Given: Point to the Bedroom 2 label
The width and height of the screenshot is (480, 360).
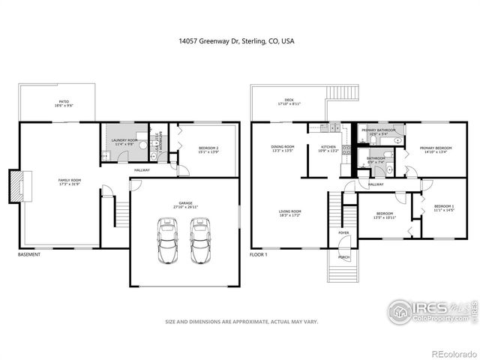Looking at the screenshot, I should click(x=208, y=149).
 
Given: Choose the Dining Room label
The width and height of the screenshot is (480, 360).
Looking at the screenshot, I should click(x=283, y=148).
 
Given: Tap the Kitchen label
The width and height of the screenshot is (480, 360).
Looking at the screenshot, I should click(x=329, y=148).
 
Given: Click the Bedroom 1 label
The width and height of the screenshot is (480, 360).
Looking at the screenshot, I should click(x=444, y=208).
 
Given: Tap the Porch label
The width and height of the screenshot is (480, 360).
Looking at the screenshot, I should click(x=343, y=257).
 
